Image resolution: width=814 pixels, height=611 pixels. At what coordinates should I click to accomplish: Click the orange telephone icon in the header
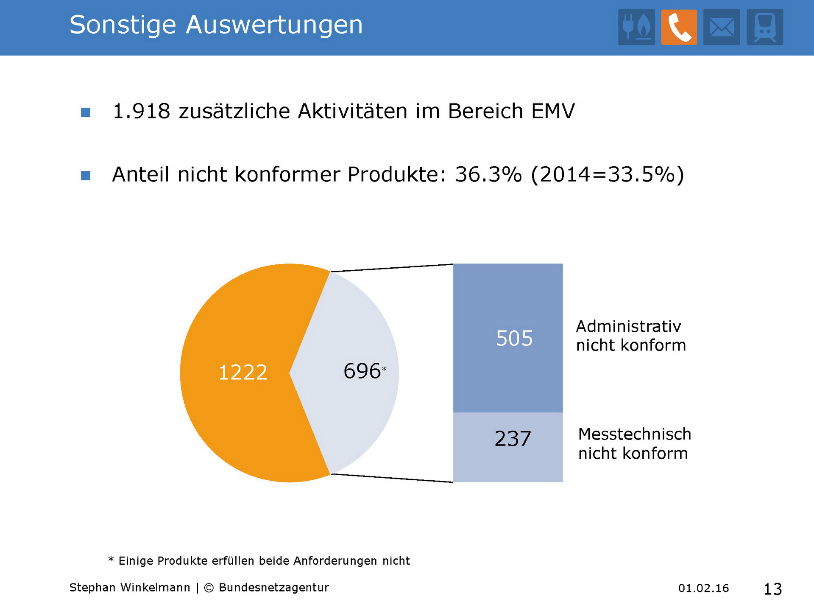pos(679,27)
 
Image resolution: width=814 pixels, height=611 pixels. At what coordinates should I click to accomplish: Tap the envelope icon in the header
pos(722,27)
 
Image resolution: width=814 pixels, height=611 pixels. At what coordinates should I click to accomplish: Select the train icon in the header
pos(765,27)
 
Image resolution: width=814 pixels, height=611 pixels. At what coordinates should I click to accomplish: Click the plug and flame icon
pos(636,27)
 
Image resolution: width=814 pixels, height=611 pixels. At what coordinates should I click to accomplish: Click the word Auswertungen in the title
pos(274,25)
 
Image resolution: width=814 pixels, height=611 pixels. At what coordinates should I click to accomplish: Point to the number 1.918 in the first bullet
pos(142,111)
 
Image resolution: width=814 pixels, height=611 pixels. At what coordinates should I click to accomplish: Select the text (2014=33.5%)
pos(608,174)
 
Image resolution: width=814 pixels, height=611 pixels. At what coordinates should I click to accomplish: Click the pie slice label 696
pos(362,371)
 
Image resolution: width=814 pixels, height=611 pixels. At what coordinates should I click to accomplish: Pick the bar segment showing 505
pos(508,338)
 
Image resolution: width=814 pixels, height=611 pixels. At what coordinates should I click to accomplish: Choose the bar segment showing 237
pos(508,447)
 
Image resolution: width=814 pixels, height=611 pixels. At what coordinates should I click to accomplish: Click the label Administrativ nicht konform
pos(631,336)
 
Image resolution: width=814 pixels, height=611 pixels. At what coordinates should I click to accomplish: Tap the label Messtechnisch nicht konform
pos(634,443)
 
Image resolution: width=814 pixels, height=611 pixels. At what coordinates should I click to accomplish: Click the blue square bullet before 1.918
pos(86,112)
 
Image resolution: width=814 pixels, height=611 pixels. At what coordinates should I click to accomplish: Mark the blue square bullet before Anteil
pos(86,176)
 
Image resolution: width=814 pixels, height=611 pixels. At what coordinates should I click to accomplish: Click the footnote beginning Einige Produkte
pos(264,561)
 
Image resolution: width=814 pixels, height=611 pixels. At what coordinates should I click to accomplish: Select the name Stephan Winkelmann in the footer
pos(130,588)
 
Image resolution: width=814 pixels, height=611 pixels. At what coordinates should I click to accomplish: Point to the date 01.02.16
pos(703,588)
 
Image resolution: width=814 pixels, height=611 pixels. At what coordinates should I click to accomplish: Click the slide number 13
pos(772,589)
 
